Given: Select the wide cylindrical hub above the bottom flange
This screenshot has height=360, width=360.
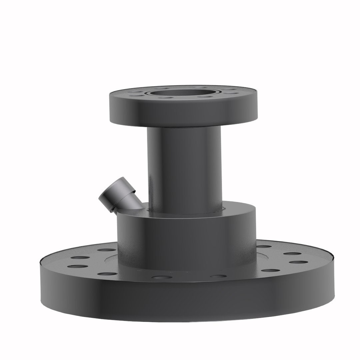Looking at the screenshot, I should point(187,240).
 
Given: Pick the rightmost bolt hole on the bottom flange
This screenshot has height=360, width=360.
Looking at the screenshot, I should point(298,262).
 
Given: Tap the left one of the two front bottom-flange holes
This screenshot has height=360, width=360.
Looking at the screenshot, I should point(162,277).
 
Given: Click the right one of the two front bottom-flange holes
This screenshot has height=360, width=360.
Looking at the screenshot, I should point(218,276).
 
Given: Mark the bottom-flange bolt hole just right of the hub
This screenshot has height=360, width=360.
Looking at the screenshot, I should point(264,247).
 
